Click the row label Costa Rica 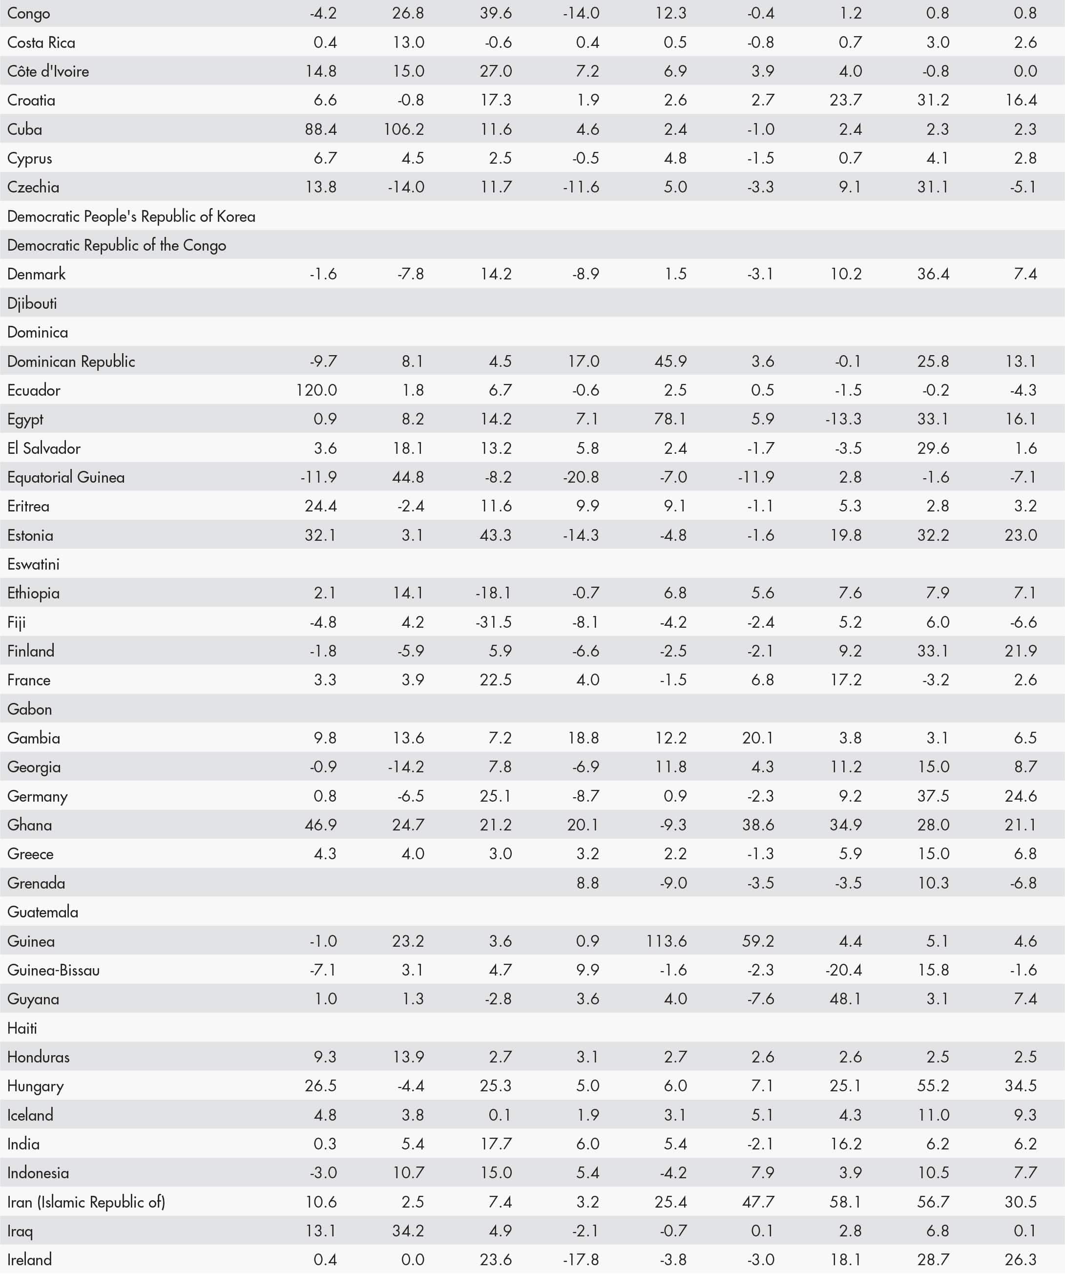(x=41, y=42)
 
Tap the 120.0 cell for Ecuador (x=316, y=390)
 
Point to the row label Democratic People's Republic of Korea (x=131, y=216)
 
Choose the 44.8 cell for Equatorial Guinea (x=408, y=477)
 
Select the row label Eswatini (x=33, y=564)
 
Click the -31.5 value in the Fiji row (x=494, y=622)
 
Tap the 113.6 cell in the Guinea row (x=667, y=941)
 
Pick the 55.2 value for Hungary (x=933, y=1086)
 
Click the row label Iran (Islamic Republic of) (x=86, y=1202)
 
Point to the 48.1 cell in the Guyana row (x=845, y=999)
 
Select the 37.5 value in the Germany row (x=933, y=796)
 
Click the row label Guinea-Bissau (x=53, y=970)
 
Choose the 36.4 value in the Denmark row (x=933, y=274)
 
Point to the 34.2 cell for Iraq (x=408, y=1231)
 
